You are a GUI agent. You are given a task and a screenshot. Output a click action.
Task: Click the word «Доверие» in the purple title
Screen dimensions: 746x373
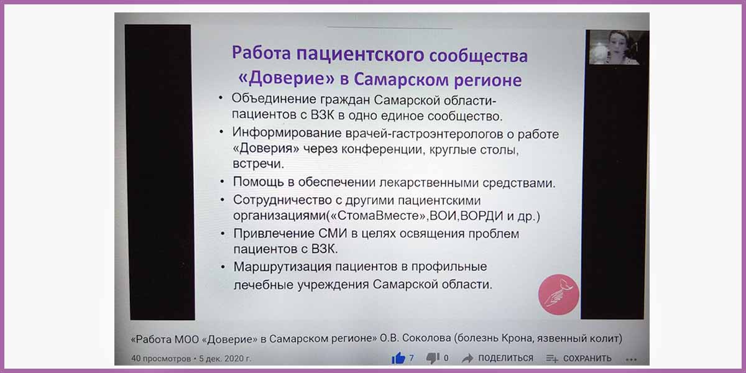(x=287, y=78)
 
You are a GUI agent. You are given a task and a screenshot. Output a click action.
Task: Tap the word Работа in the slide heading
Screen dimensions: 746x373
(x=261, y=53)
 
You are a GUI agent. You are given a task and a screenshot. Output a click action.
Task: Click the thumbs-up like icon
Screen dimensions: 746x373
(x=398, y=358)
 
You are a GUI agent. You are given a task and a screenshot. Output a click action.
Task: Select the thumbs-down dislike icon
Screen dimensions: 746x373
(x=433, y=358)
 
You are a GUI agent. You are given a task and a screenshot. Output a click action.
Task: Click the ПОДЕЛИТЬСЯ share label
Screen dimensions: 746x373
(x=505, y=358)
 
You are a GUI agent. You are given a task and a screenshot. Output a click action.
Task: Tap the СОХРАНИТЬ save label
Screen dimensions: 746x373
(x=587, y=358)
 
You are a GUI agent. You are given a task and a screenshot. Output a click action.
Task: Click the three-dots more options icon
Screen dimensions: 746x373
(x=631, y=359)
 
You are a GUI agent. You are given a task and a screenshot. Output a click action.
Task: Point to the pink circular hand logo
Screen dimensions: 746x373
(x=558, y=295)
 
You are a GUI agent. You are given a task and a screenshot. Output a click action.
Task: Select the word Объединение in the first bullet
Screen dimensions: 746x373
(x=274, y=99)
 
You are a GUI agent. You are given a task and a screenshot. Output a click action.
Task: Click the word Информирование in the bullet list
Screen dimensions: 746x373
(x=287, y=133)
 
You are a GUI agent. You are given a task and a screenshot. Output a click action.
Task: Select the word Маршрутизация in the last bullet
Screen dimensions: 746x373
(x=282, y=267)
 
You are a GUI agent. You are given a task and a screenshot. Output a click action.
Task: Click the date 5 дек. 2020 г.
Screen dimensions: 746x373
(x=225, y=359)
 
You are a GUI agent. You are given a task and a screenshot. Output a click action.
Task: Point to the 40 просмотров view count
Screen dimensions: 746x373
(x=161, y=359)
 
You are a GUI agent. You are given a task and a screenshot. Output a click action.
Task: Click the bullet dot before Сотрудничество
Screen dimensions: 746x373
(x=223, y=200)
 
